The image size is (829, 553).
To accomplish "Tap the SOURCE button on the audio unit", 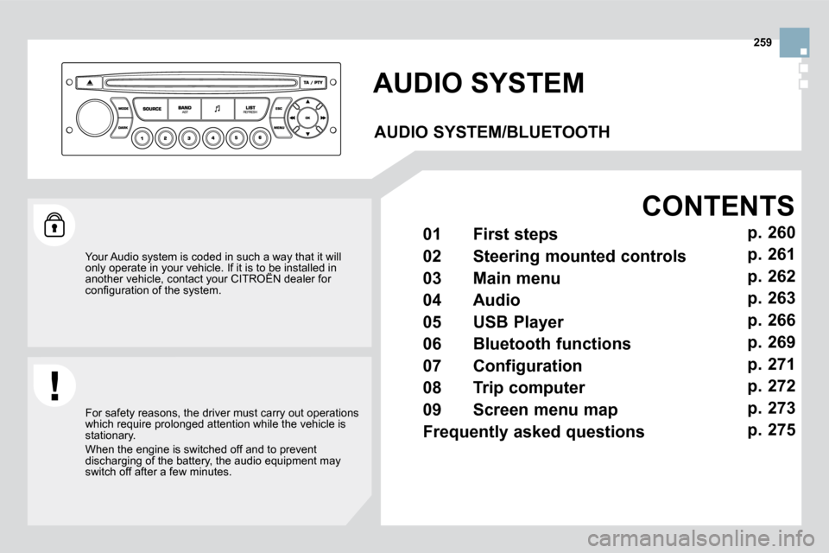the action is (152, 109).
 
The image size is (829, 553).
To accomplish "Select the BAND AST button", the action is (185, 109).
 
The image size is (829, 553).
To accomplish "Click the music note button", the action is (218, 109).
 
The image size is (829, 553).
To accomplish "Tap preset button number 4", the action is (212, 136).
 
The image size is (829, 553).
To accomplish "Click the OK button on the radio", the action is (307, 117).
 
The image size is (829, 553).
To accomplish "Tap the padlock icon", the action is (55, 225).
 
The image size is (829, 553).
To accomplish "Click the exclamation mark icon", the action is (55, 385).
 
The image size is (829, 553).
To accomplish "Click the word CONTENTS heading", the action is (718, 206).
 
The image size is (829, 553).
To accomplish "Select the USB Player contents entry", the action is (518, 322).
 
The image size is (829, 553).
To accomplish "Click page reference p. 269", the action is (771, 341).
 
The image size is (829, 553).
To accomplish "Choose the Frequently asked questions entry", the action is (534, 431).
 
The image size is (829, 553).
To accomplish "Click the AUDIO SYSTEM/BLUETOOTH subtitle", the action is (492, 132).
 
